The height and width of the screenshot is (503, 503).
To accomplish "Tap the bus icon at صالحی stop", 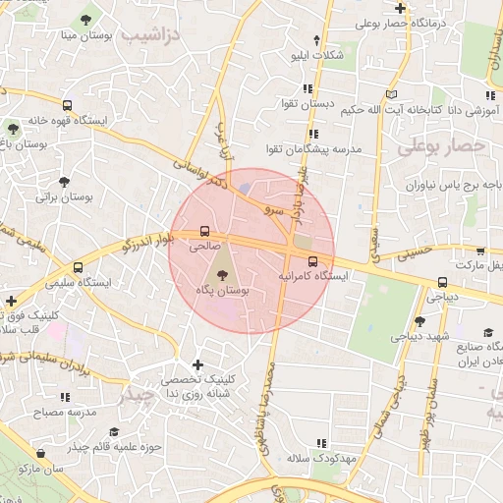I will (x=204, y=233).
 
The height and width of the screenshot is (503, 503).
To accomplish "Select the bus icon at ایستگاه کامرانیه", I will (x=312, y=262).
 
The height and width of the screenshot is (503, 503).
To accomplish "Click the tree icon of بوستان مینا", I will (x=86, y=20).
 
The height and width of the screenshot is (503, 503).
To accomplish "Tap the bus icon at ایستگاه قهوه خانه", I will (x=67, y=105).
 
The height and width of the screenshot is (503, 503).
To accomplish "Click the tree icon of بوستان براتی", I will (x=64, y=182).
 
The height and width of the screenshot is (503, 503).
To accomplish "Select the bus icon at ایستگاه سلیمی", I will (x=78, y=267).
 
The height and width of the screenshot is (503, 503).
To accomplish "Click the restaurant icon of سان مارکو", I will (x=40, y=454).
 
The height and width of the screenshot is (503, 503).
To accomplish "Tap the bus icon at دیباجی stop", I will (x=443, y=283).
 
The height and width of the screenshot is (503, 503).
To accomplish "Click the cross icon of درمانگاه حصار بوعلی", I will (x=401, y=8).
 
